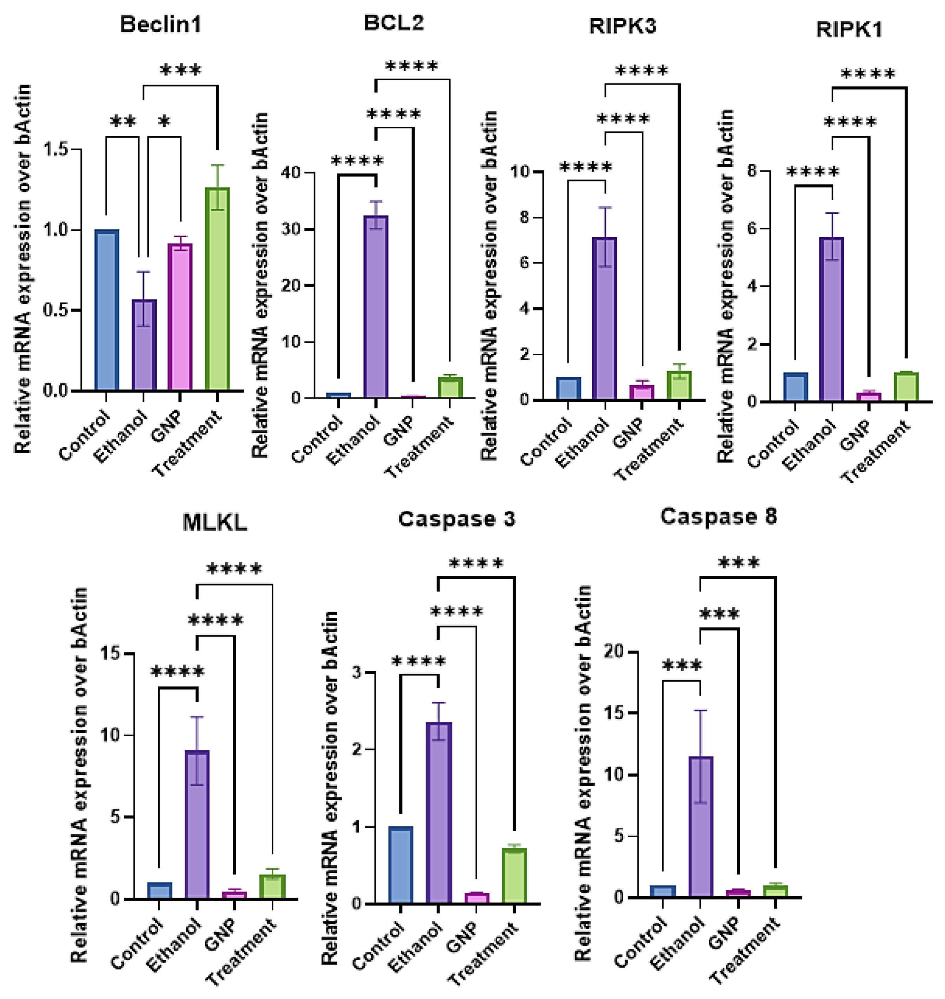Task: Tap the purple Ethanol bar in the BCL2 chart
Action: point(376,307)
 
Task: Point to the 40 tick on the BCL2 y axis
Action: point(292,173)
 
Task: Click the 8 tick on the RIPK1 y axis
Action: point(752,171)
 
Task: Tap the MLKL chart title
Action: point(215,523)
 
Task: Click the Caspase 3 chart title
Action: point(457,519)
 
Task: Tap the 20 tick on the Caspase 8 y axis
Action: point(613,652)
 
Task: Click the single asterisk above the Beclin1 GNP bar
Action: point(164,122)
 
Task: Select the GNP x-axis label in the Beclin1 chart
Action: point(167,426)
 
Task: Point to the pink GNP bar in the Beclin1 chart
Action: point(180,317)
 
